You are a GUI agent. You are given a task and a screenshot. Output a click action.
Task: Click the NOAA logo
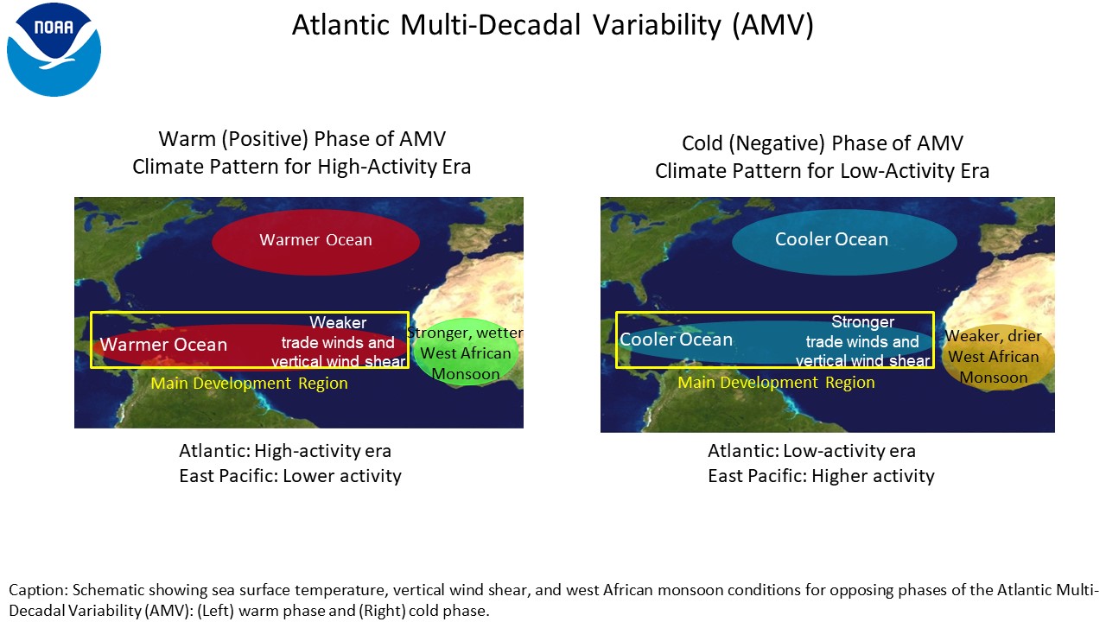point(54,49)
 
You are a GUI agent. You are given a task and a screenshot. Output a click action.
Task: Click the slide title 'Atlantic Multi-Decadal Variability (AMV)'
point(552,25)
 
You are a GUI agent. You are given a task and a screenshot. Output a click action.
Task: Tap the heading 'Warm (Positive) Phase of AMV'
point(302,139)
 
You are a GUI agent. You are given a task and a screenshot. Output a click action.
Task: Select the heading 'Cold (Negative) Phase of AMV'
point(822,143)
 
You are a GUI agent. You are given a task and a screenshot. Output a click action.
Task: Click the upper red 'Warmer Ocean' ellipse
point(316,242)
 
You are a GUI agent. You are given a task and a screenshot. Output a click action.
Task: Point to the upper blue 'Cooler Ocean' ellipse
point(844,242)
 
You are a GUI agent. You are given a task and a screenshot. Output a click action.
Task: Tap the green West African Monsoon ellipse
point(467,352)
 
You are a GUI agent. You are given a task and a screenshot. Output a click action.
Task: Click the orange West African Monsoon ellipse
point(995,357)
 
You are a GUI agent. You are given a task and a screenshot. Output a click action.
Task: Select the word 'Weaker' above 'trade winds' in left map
point(338,323)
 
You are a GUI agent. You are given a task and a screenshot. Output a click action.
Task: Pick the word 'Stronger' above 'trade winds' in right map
point(862,322)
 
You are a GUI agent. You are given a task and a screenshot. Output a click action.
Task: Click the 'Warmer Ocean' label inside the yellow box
point(163,345)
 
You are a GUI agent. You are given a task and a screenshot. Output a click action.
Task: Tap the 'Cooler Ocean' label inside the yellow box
point(676,340)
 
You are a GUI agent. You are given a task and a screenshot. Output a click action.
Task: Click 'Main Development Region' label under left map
point(250,384)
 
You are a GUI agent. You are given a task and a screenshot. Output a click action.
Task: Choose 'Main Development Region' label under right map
point(776,383)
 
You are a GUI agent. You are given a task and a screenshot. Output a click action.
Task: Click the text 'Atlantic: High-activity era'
point(285,451)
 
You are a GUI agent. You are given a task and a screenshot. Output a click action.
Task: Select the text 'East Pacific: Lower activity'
point(289,476)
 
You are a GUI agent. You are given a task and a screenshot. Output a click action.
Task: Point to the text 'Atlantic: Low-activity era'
point(811,451)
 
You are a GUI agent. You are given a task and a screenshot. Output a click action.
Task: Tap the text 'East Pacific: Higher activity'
point(821,476)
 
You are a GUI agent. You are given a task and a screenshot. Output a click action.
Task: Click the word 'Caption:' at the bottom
point(38,590)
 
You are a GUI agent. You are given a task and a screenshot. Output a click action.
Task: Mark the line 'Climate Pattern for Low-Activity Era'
point(822,171)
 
